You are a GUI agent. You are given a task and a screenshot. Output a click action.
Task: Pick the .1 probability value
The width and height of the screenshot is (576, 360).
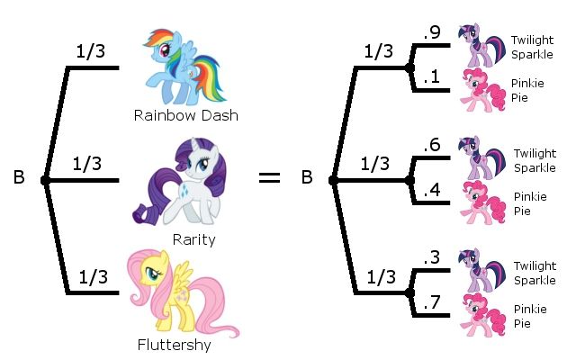tap(432, 78)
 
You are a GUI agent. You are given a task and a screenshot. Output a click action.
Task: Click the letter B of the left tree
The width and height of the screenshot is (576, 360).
tap(19, 178)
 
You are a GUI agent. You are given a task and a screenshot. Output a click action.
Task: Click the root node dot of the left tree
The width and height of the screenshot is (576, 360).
tap(45, 181)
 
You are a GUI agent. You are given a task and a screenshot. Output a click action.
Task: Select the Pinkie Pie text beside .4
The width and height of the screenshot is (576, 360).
tap(530, 202)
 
